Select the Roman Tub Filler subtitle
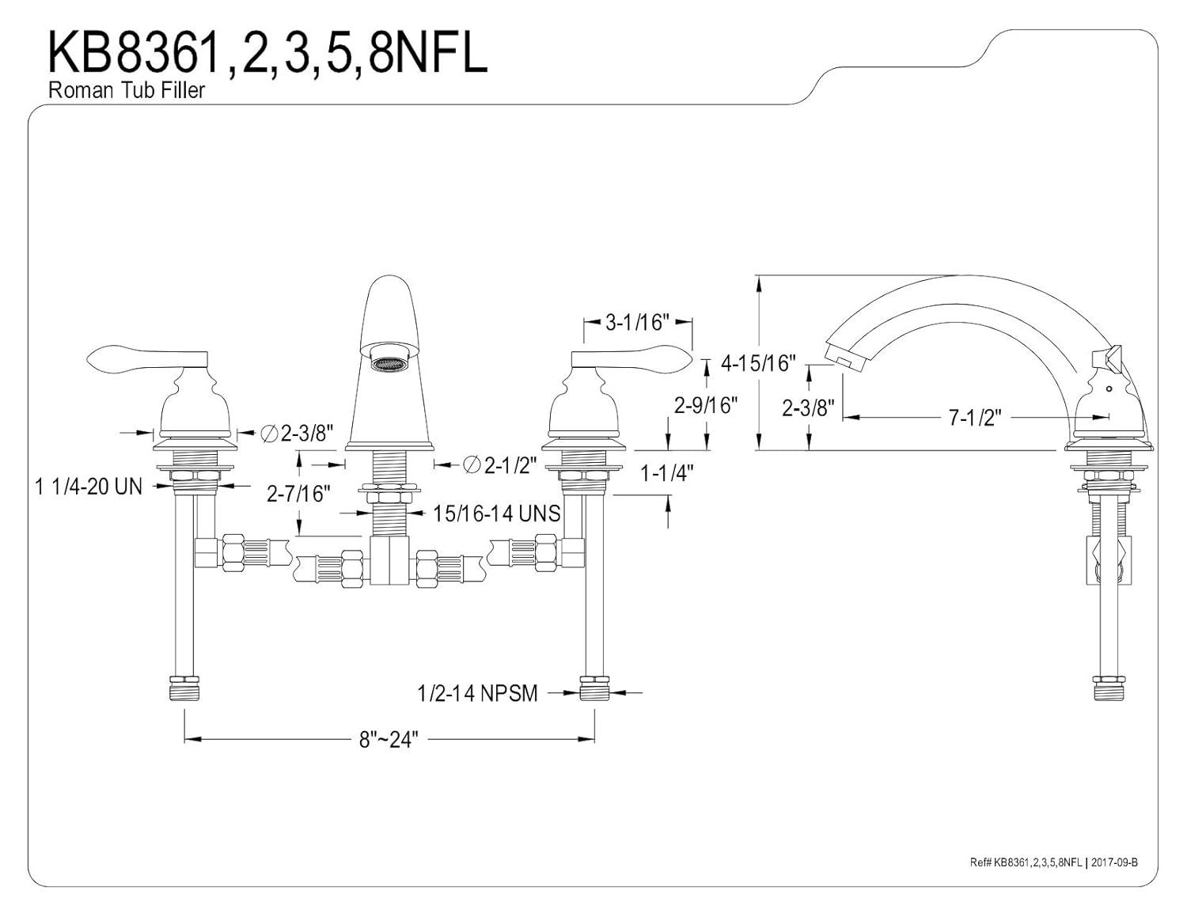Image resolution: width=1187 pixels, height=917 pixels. tap(127, 90)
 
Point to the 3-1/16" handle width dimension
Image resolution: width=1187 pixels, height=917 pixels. tap(638, 322)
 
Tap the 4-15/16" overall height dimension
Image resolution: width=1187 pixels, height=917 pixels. tap(757, 363)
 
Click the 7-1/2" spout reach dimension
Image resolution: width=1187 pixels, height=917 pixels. tap(975, 418)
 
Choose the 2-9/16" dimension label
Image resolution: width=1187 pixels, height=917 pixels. tap(706, 405)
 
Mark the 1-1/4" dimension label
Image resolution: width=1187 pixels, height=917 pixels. tap(666, 473)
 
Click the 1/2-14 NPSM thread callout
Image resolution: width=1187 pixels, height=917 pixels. tap(477, 694)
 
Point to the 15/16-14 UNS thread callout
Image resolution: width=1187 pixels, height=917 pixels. tap(496, 513)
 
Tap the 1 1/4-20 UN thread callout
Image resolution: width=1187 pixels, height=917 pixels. tap(89, 486)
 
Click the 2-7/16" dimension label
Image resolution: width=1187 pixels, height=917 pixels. tap(298, 494)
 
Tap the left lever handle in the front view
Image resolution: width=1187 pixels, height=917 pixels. tap(148, 360)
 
